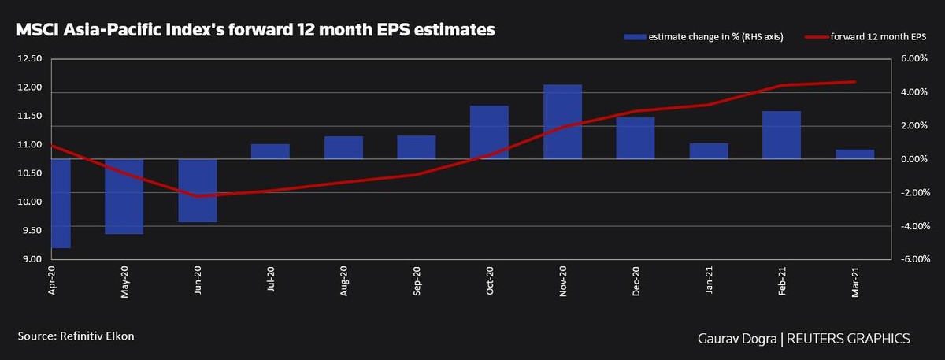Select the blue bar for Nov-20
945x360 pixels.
[x=562, y=121]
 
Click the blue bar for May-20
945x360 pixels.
[x=124, y=196]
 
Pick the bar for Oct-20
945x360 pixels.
[x=489, y=132]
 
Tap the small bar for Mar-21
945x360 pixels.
[x=854, y=154]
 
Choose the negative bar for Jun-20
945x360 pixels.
[x=198, y=191]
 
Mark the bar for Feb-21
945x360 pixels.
[x=781, y=135]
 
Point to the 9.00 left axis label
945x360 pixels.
[x=31, y=259]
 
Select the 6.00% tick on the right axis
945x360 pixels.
[x=914, y=58]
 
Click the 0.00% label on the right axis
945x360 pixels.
[x=914, y=159]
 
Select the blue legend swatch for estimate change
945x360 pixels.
[x=634, y=37]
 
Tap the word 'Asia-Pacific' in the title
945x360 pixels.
[x=112, y=30]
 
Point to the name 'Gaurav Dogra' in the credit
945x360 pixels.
[x=733, y=338]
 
